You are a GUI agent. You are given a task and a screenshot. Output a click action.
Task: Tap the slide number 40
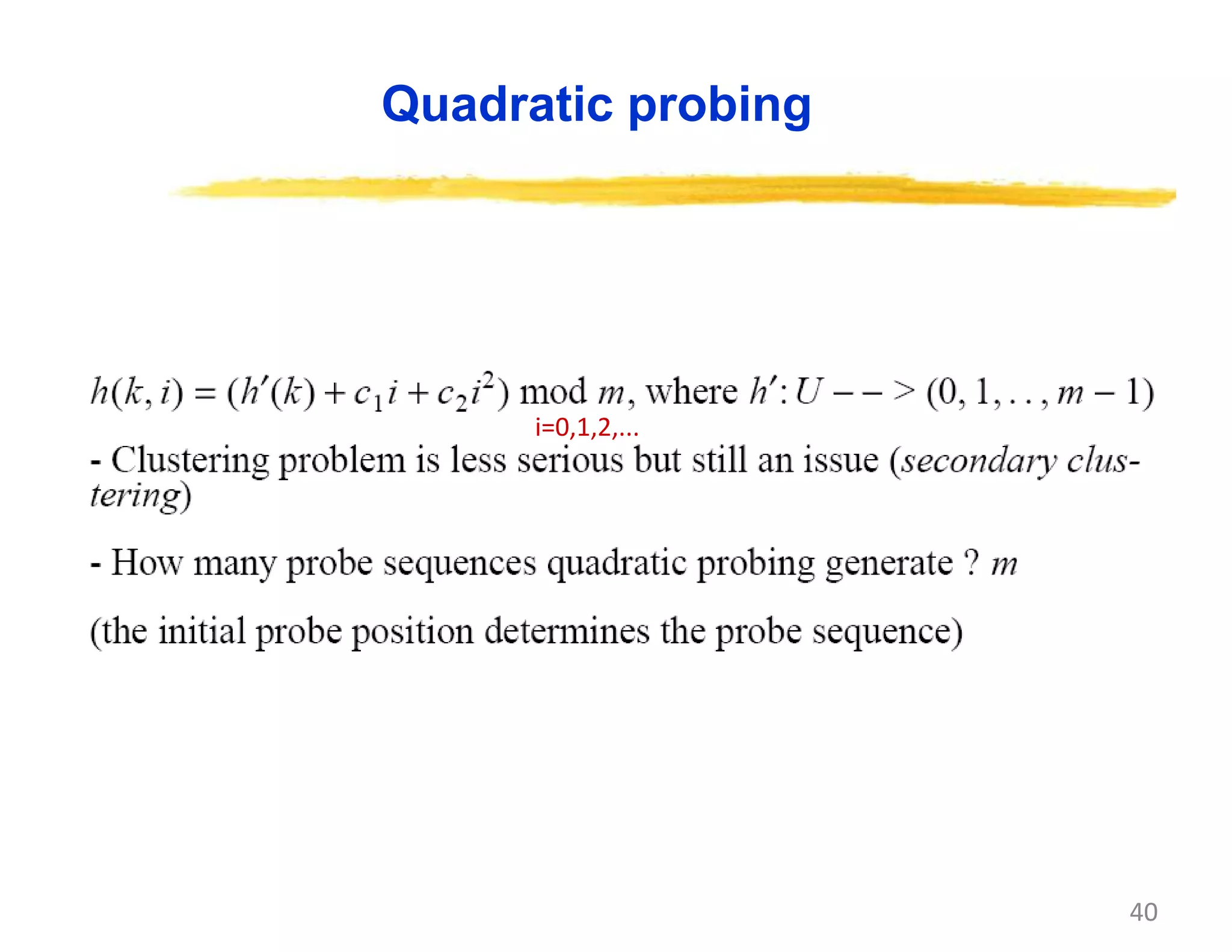click(1143, 912)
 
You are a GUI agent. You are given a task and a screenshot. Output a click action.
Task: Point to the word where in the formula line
click(691, 392)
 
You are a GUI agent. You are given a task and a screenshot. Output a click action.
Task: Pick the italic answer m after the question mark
click(1003, 564)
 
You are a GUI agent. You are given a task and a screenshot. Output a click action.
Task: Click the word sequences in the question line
click(459, 564)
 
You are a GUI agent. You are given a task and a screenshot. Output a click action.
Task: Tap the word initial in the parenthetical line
click(202, 632)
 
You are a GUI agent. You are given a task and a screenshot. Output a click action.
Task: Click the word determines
click(567, 632)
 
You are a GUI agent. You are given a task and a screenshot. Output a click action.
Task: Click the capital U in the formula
click(808, 392)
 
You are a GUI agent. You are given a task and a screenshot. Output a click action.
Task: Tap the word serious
click(570, 461)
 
